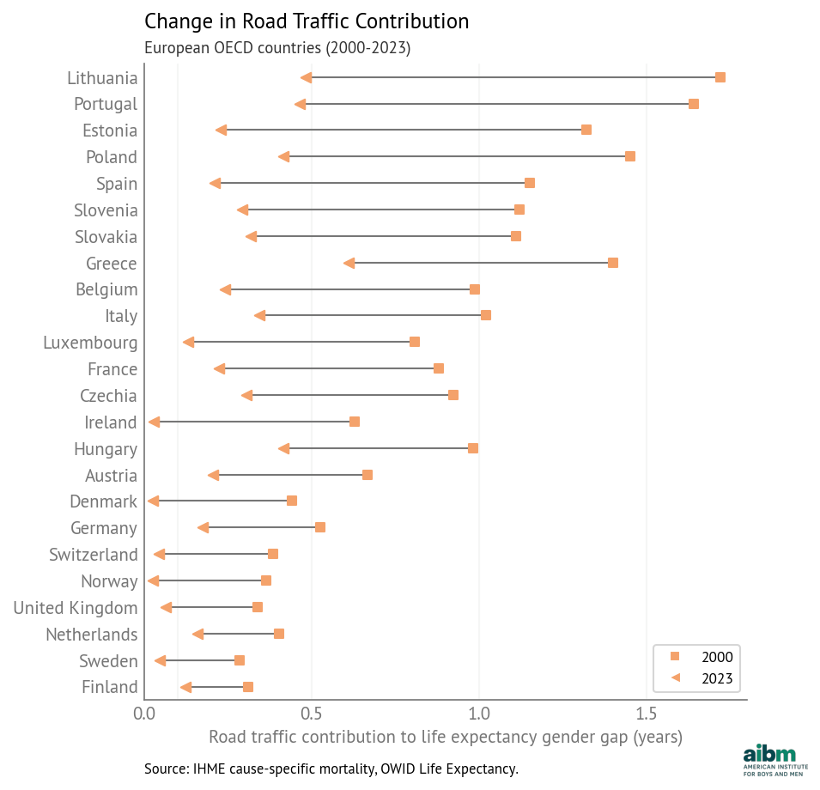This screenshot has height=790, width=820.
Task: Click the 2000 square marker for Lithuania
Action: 720,77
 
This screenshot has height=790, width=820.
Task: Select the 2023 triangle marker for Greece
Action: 349,264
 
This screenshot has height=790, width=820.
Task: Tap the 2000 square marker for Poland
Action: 630,156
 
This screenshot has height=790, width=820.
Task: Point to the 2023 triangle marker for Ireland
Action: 154,422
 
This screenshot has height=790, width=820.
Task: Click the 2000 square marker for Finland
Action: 248,687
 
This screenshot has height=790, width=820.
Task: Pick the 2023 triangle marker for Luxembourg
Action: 188,343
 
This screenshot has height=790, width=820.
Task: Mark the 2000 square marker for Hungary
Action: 473,448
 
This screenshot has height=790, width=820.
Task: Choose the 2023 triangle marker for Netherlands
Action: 197,635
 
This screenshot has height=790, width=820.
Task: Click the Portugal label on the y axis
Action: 106,104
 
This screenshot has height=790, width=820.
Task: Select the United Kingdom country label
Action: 76,608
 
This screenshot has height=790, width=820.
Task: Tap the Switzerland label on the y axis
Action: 94,555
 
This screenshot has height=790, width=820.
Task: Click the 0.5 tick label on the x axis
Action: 312,714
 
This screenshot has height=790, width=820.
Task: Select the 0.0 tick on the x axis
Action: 144,714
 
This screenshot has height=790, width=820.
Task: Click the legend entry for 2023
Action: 703,678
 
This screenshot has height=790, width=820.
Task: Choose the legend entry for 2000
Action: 703,657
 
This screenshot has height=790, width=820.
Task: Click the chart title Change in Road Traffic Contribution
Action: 307,21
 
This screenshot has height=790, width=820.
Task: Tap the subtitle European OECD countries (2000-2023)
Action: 277,48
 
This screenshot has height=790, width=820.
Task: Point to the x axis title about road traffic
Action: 445,737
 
